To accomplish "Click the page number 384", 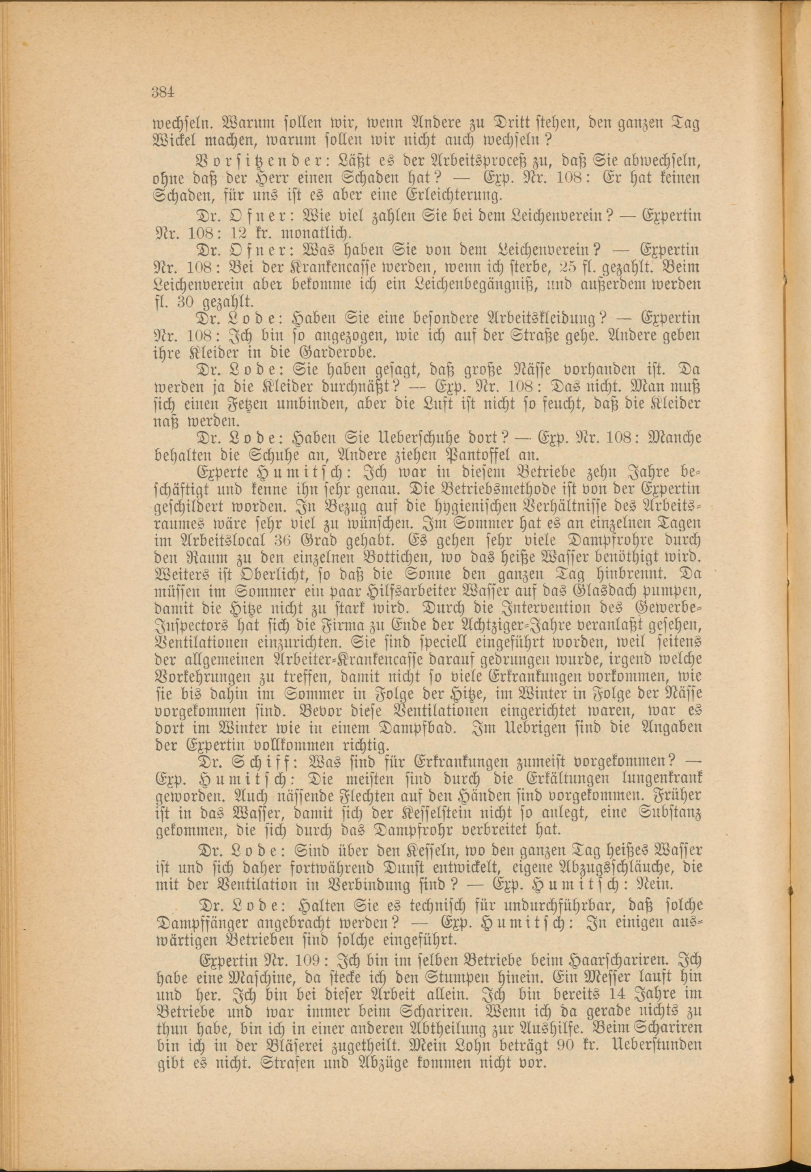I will point(163,92).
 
